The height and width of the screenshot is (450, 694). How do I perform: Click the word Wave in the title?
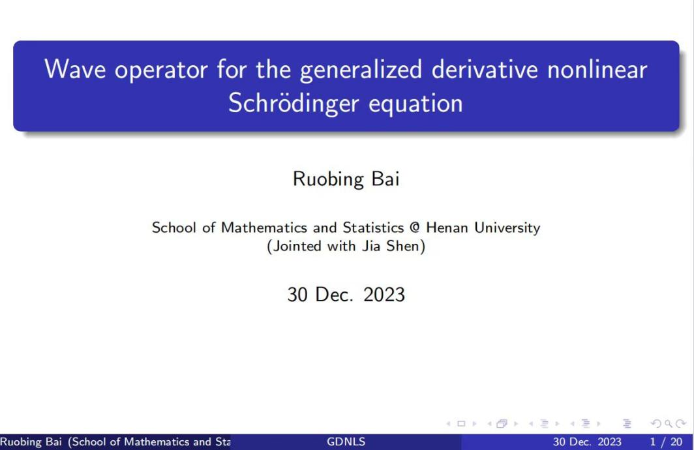click(75, 69)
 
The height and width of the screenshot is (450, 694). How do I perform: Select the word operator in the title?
click(161, 71)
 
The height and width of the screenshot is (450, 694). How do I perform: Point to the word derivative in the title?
click(485, 69)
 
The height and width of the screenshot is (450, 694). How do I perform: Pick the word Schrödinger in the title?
click(294, 104)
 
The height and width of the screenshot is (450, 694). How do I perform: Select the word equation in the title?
click(415, 104)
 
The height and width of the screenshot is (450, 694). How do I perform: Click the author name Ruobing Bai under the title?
click(346, 179)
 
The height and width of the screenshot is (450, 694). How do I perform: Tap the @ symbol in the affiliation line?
click(415, 228)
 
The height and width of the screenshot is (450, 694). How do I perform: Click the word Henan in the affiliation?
click(447, 228)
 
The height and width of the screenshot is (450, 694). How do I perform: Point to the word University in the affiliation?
click(507, 228)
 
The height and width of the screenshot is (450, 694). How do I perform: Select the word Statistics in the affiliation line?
click(373, 228)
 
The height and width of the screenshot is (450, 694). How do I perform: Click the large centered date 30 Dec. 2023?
click(346, 295)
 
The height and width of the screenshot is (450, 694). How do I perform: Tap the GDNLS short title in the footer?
click(346, 442)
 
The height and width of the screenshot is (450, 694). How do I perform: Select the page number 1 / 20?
click(666, 442)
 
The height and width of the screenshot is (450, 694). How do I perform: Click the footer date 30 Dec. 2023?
click(587, 442)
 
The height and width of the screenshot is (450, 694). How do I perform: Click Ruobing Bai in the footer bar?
click(31, 442)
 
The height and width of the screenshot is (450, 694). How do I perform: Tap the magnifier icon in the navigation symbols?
click(669, 424)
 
